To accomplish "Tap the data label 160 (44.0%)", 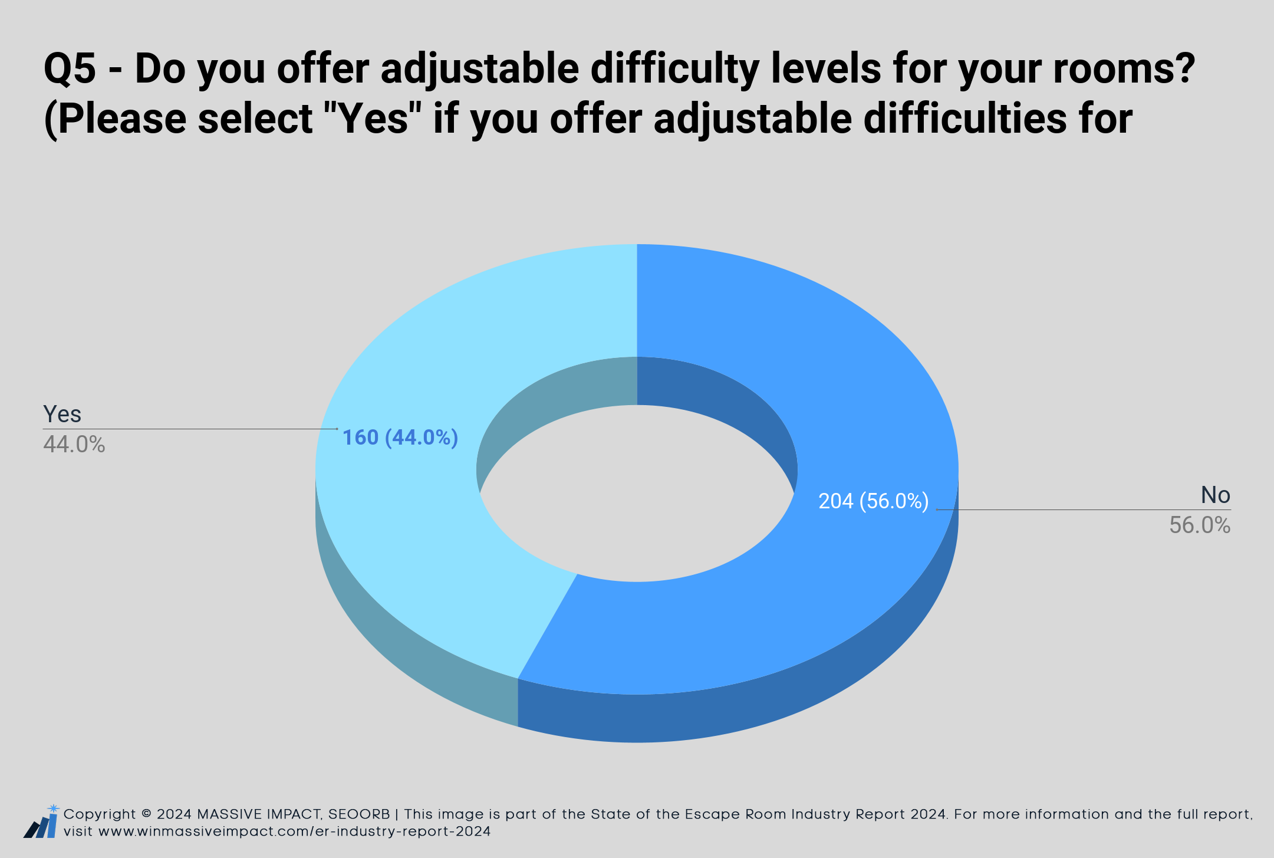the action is pyautogui.click(x=400, y=438).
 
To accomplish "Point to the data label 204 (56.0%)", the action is pyautogui.click(x=874, y=501).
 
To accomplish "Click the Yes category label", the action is pyautogui.click(x=62, y=414).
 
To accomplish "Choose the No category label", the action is pyautogui.click(x=1216, y=495).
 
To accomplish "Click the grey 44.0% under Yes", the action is pyautogui.click(x=74, y=445).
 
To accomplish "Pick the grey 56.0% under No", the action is pyautogui.click(x=1200, y=525).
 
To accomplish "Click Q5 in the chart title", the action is pyautogui.click(x=70, y=70).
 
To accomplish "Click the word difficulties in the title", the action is pyautogui.click(x=952, y=118).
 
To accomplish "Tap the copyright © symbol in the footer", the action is pyautogui.click(x=146, y=814).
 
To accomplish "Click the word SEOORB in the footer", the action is pyautogui.click(x=359, y=814).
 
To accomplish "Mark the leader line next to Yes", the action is pyautogui.click(x=190, y=429).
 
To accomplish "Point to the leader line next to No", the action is pyautogui.click(x=1084, y=509).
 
